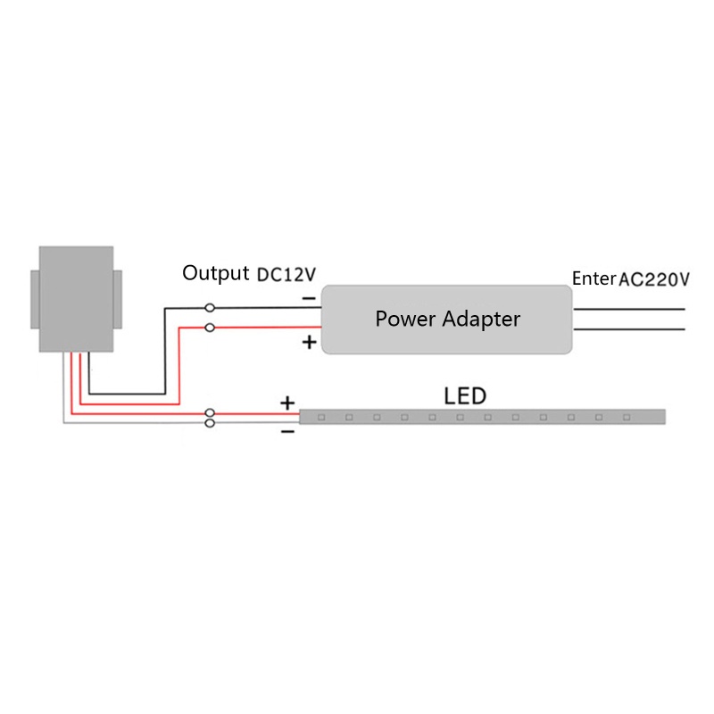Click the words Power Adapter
click(x=447, y=320)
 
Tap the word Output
click(x=215, y=273)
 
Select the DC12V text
click(x=286, y=275)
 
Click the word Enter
click(x=594, y=278)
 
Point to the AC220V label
click(x=654, y=279)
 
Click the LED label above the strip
click(x=465, y=396)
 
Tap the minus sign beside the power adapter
click(x=309, y=299)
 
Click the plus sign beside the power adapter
click(x=309, y=342)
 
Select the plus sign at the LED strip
click(x=287, y=403)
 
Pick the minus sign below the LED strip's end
click(x=287, y=431)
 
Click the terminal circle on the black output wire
click(x=210, y=308)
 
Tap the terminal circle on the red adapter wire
click(x=210, y=328)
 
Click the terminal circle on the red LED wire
click(x=210, y=413)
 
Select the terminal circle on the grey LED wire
click(x=210, y=423)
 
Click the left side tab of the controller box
click(x=35, y=299)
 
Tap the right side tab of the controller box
click(x=118, y=299)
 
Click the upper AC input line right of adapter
click(x=629, y=309)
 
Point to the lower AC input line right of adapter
click(x=629, y=329)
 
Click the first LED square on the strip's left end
click(x=321, y=417)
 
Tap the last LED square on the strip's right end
click(x=627, y=417)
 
